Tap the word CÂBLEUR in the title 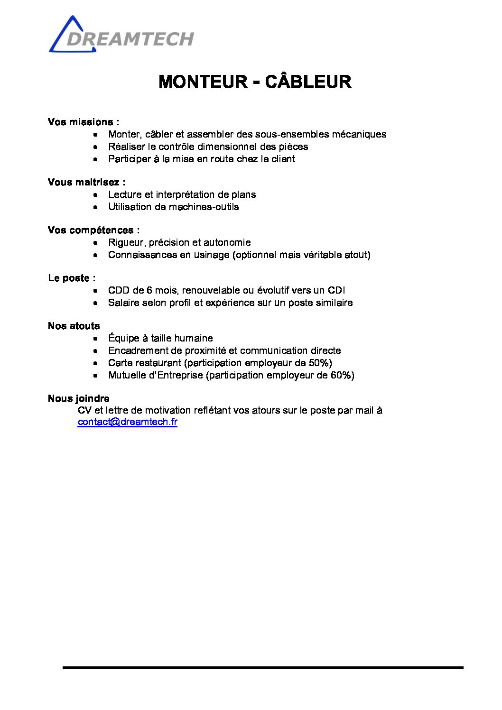[x=308, y=82]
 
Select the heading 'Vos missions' [x=81, y=122]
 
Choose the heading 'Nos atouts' [x=74, y=326]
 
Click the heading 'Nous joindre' [x=78, y=398]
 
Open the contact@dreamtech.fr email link [x=127, y=422]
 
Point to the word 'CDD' [x=119, y=290]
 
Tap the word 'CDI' [x=336, y=290]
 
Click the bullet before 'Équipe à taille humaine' [x=96, y=339]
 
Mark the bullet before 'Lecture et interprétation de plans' [x=96, y=195]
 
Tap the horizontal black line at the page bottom [x=262, y=667]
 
